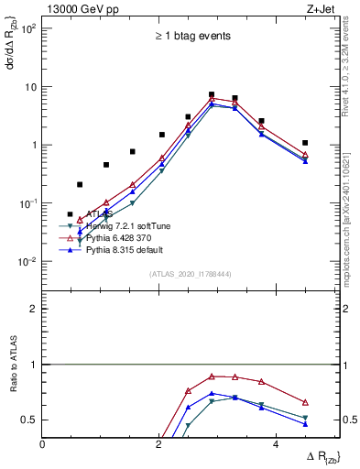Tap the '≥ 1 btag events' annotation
point(192,37)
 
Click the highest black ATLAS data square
point(212,94)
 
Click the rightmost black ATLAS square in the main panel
point(305,143)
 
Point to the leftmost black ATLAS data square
point(71,214)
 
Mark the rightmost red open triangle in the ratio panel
point(305,402)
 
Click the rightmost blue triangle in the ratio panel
point(305,424)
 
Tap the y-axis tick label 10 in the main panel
point(29,87)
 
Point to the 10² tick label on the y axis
point(27,28)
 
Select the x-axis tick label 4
point(276,444)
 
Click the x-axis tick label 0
point(43,444)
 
